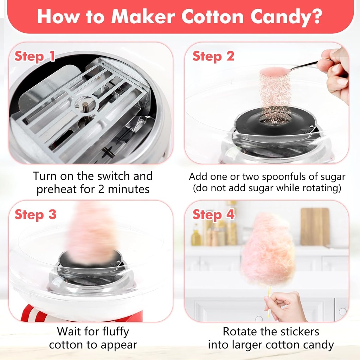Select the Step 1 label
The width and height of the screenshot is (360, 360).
pyautogui.click(x=34, y=56)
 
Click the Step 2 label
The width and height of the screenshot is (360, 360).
pyautogui.click(x=213, y=56)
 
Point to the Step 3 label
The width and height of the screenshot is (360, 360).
pyautogui.click(x=35, y=214)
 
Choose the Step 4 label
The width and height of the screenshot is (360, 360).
pyautogui.click(x=213, y=214)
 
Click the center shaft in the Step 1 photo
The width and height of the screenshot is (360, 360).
pyautogui.click(x=85, y=106)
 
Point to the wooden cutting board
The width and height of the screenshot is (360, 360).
pyautogui.click(x=315, y=226)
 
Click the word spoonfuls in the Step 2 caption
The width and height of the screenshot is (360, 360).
pyautogui.click(x=268, y=176)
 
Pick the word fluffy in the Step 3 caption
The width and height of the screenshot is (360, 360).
pyautogui.click(x=111, y=331)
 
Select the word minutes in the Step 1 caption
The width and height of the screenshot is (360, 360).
pyautogui.click(x=129, y=189)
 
